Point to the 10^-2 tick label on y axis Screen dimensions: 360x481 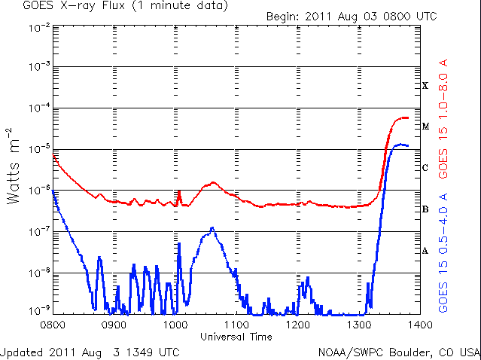tap(38, 26)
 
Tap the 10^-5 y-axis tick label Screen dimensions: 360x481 tap(38, 149)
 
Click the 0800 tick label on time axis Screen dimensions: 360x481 tap(52, 325)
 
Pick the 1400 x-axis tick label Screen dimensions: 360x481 tap(420, 325)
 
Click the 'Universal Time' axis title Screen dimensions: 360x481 tap(236, 337)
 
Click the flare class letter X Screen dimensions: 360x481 tap(425, 86)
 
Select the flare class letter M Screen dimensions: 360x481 tap(425, 127)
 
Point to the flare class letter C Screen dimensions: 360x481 tap(425, 168)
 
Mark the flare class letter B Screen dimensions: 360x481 tap(425, 209)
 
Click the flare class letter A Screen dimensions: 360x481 tap(425, 251)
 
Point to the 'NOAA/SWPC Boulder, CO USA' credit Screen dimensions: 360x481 tap(398, 352)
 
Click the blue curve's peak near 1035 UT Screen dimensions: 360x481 tap(212, 227)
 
